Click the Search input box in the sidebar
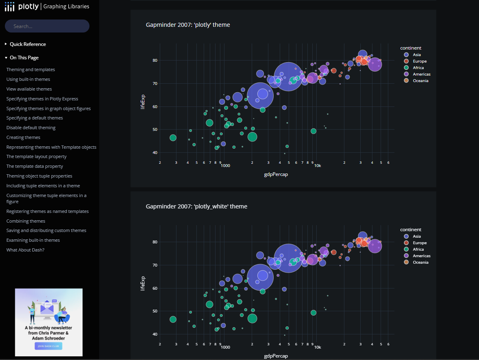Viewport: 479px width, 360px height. (x=47, y=26)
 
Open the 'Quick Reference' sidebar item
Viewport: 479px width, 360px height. (x=28, y=44)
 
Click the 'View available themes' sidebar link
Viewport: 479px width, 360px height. (x=29, y=89)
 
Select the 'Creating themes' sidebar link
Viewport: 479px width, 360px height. (x=23, y=137)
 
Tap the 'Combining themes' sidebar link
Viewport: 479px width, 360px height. (x=26, y=221)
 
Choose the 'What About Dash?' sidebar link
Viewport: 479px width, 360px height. (x=25, y=250)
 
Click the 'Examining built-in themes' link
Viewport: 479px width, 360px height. (x=33, y=240)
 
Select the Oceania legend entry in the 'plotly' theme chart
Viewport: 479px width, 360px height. (x=420, y=80)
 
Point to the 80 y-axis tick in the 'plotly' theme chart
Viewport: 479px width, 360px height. (x=155, y=61)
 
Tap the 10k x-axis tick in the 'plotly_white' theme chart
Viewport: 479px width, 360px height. (x=318, y=347)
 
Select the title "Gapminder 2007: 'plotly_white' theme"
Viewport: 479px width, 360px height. (x=196, y=206)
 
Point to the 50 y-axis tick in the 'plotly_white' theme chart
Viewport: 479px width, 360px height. (x=155, y=311)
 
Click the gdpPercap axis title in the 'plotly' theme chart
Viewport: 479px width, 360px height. (x=276, y=174)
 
